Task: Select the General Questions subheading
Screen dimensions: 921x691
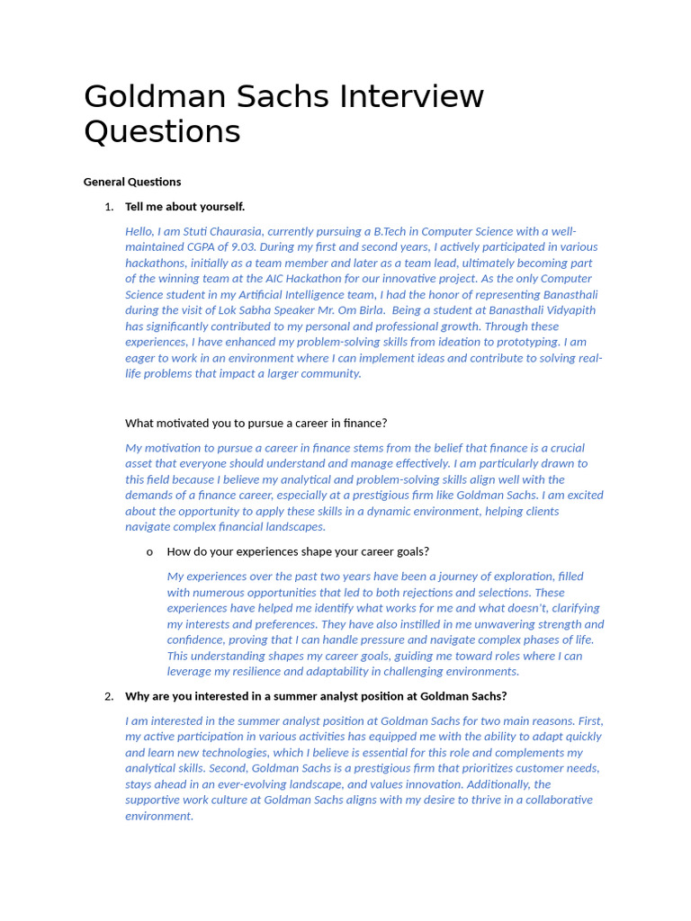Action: (132, 182)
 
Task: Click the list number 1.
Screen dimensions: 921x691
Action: (109, 207)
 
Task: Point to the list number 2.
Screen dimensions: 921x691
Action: (109, 696)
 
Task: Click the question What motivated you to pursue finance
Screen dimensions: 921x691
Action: (256, 423)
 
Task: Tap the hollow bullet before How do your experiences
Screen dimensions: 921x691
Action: (149, 551)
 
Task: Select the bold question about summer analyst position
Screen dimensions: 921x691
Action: (316, 696)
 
